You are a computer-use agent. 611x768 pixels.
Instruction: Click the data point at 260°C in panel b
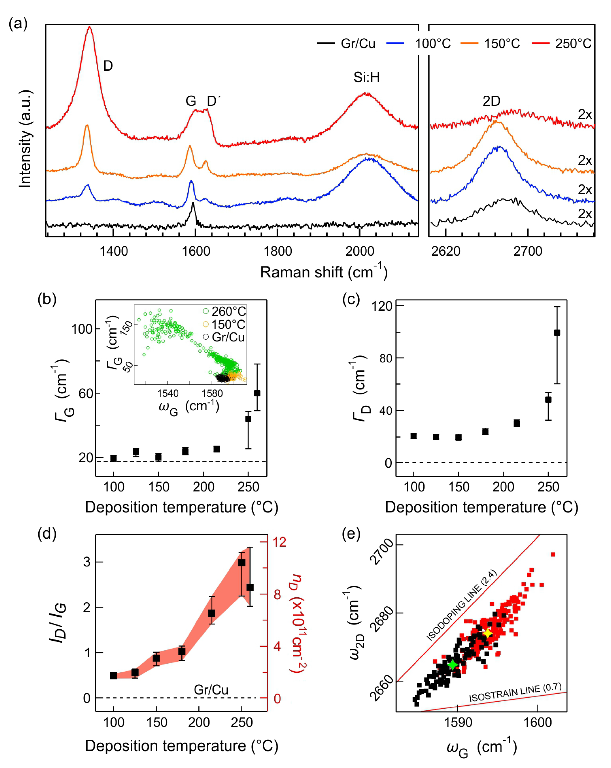coord(257,393)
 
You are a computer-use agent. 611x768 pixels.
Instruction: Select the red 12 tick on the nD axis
coord(280,542)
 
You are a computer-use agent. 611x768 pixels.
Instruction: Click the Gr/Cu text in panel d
coord(211,690)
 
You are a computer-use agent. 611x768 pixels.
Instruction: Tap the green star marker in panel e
coord(452,665)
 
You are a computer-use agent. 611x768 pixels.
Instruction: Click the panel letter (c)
coord(351,299)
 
